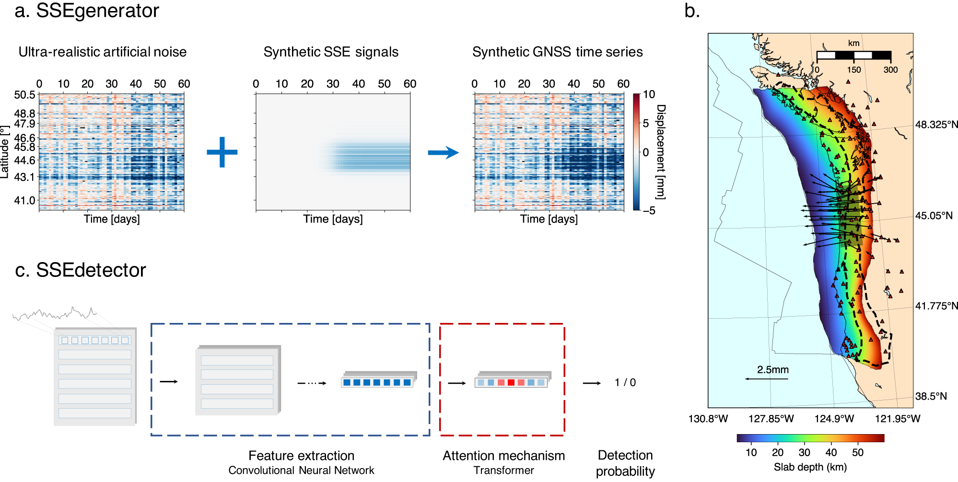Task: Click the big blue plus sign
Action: pyautogui.click(x=222, y=152)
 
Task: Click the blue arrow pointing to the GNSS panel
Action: pyautogui.click(x=443, y=153)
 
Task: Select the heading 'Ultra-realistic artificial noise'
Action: pyautogui.click(x=103, y=52)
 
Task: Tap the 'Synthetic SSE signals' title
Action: pyautogui.click(x=331, y=52)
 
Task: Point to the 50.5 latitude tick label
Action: pyautogui.click(x=25, y=95)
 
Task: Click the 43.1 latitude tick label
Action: pyautogui.click(x=25, y=177)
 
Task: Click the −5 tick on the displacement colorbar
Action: pyautogui.click(x=649, y=210)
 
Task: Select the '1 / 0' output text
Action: pyautogui.click(x=625, y=382)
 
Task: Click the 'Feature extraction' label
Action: pyautogui.click(x=301, y=455)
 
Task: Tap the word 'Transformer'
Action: pyautogui.click(x=503, y=471)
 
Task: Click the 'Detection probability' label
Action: pyautogui.click(x=625, y=463)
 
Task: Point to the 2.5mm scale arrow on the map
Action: pyautogui.click(x=767, y=379)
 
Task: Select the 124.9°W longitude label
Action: pyautogui.click(x=834, y=419)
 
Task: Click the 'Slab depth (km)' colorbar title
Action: pyautogui.click(x=810, y=467)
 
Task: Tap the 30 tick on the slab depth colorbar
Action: pyautogui.click(x=804, y=452)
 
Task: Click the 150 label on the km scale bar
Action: pyautogui.click(x=853, y=70)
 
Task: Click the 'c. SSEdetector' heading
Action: pyautogui.click(x=81, y=270)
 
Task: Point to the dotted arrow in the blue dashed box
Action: pyautogui.click(x=312, y=383)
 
